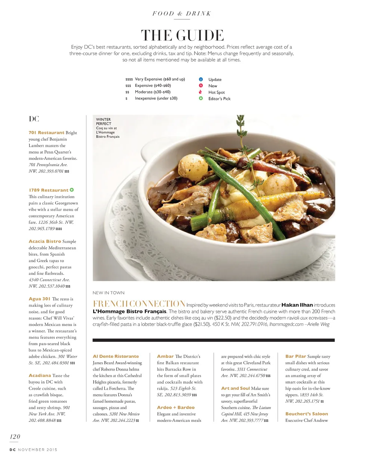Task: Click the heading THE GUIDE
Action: point(182,36)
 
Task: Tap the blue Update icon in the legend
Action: point(201,79)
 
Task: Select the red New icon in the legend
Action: point(201,86)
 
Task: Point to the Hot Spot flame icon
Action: point(201,92)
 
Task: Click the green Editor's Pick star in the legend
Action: point(201,98)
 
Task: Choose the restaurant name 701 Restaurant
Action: point(46,133)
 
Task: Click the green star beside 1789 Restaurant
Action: point(72,190)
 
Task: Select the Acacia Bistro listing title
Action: point(45,241)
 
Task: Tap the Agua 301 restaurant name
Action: point(40,299)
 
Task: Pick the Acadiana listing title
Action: point(40,375)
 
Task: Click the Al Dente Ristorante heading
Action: point(116,356)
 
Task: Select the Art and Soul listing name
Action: point(235,389)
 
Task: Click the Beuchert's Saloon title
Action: point(306,414)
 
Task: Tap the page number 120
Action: point(15,436)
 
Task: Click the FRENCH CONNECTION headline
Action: point(139,304)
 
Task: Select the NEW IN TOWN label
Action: point(108,293)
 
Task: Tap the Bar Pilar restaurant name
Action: point(295,356)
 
